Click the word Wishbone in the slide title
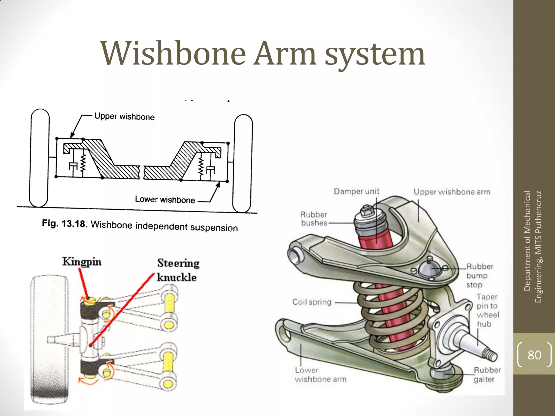pos(173,53)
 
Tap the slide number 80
pos(534,355)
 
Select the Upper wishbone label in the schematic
pos(124,117)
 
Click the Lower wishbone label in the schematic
pos(165,200)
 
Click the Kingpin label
pos(82,262)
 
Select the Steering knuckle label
pos(178,270)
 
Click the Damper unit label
pos(356,191)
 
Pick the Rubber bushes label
pos(314,219)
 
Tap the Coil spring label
pos(312,302)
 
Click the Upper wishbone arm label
pos(452,192)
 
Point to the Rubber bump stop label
pos(480,275)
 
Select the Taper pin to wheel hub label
pos(488,310)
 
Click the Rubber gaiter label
pos(487,375)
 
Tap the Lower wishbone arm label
pos(320,375)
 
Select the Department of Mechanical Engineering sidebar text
pos(533,246)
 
